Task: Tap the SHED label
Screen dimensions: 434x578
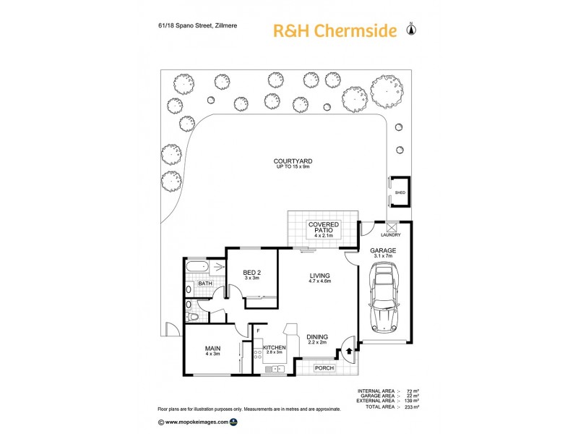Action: point(400,193)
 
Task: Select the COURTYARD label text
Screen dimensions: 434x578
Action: point(292,161)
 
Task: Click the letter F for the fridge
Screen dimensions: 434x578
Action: point(258,331)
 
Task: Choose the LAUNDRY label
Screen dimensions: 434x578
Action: point(390,234)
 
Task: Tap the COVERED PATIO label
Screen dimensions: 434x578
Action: point(323,229)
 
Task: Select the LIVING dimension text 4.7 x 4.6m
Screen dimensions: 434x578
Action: point(319,282)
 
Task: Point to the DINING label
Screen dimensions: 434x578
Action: point(316,336)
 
